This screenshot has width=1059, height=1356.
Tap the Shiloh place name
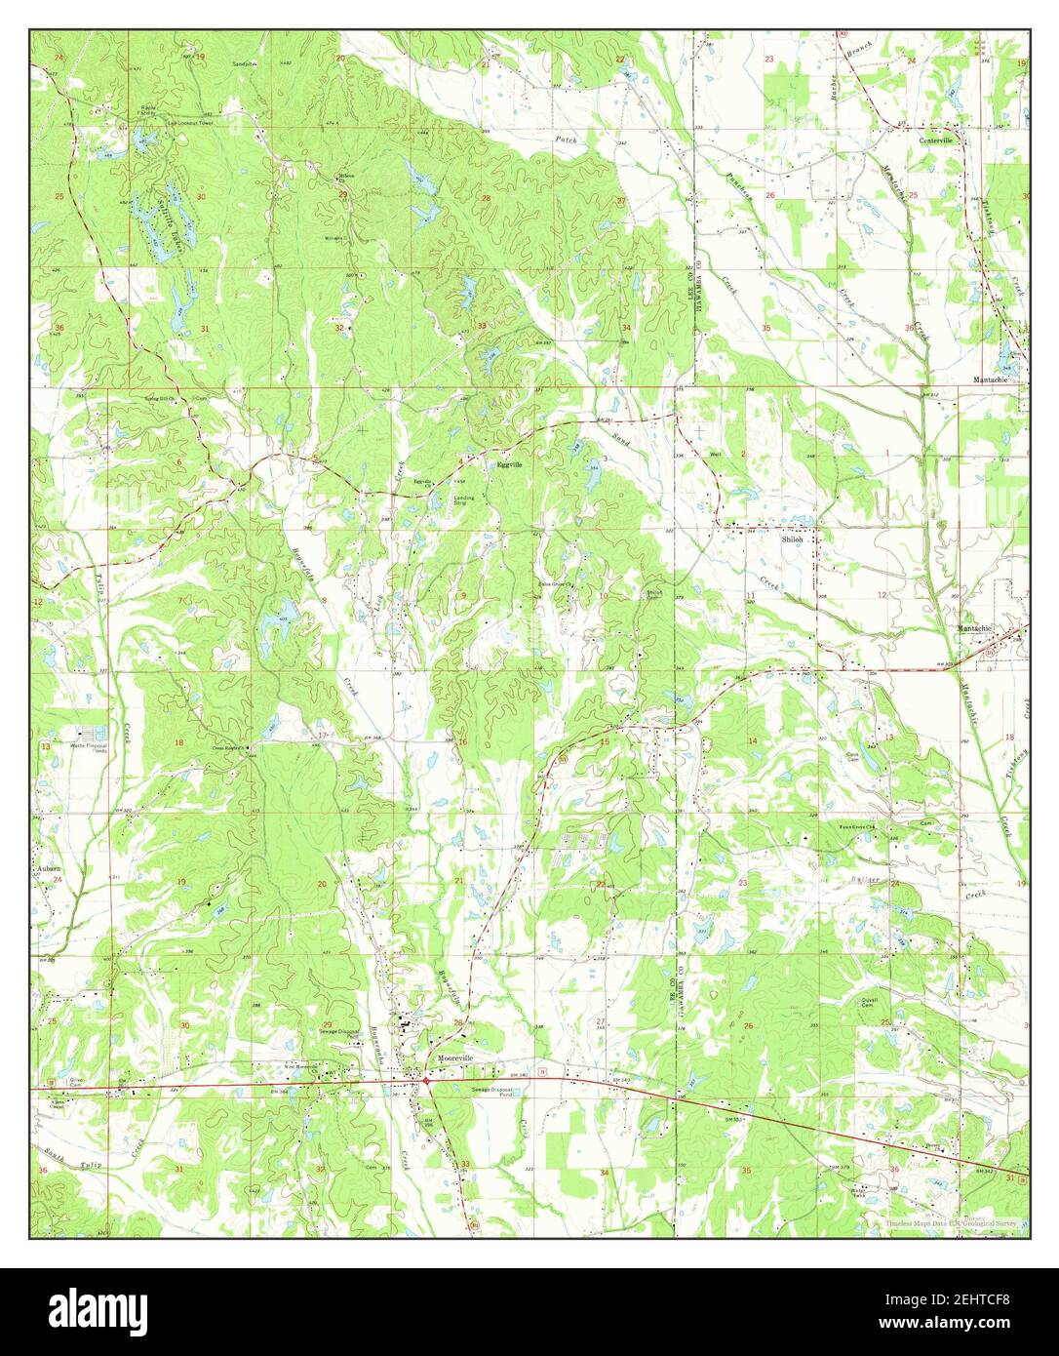[793, 538]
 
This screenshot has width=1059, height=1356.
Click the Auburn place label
[49, 867]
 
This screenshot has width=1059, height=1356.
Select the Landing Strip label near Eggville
[464, 499]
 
